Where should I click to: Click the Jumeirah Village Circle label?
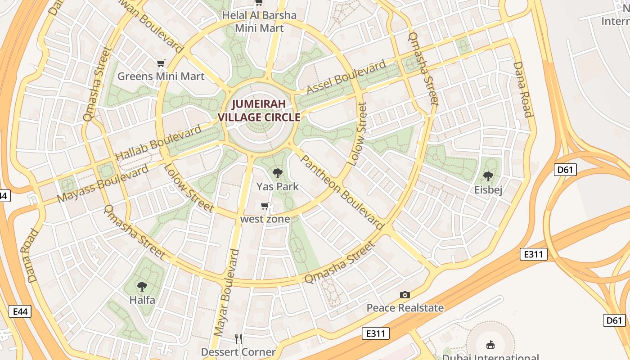point(259,111)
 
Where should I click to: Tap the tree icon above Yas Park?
point(278,173)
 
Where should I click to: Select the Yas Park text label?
point(278,186)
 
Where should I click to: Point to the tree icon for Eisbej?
point(488,176)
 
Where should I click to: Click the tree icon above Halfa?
point(142,286)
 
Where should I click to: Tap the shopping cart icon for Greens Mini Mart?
point(161,63)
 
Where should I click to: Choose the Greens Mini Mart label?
point(161,76)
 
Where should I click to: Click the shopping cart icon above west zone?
point(265,206)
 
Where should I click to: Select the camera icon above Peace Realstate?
point(405,295)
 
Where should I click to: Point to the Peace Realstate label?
point(405,308)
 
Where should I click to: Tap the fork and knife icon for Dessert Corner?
point(238,338)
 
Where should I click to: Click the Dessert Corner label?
point(238,352)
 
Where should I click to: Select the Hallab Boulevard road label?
point(158,144)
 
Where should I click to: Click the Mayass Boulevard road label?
point(103,184)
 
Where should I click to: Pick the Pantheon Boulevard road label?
point(342,192)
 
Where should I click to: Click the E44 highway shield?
point(20,311)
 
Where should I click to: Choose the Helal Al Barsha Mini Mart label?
point(260,22)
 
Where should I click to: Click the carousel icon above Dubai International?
point(490,345)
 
